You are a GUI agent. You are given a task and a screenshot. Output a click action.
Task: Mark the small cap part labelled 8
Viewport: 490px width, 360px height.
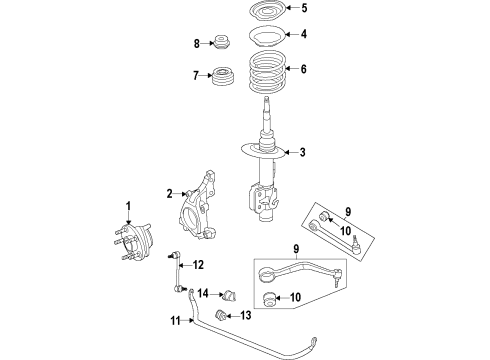(223, 43)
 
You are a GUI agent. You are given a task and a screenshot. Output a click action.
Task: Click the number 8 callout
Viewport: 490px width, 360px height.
(197, 43)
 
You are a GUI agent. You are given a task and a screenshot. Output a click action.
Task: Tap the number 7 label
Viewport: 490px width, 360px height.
(197, 75)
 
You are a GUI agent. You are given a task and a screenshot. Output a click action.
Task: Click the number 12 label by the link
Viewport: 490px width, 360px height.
(198, 265)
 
